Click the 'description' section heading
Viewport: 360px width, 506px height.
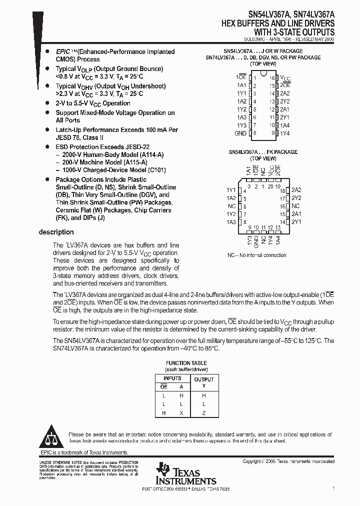click(x=56, y=232)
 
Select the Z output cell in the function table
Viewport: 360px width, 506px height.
click(x=203, y=413)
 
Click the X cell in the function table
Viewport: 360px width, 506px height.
click(x=181, y=413)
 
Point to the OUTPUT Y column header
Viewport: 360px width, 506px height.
click(x=203, y=382)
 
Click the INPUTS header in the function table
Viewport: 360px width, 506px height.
click(x=172, y=378)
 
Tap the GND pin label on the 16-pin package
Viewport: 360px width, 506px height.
click(x=240, y=133)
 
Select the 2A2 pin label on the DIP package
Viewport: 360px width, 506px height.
click(x=285, y=93)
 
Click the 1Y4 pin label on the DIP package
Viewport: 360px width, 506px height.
click(x=285, y=133)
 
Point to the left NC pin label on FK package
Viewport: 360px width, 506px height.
click(x=231, y=206)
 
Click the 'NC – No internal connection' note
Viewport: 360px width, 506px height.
click(x=256, y=255)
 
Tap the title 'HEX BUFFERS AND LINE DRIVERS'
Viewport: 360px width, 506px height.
click(x=278, y=24)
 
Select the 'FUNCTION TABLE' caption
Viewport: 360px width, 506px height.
click(x=186, y=363)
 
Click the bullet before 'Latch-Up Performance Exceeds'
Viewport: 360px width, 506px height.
click(x=47, y=129)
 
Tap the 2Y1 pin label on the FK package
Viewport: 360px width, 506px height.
click(x=296, y=221)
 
